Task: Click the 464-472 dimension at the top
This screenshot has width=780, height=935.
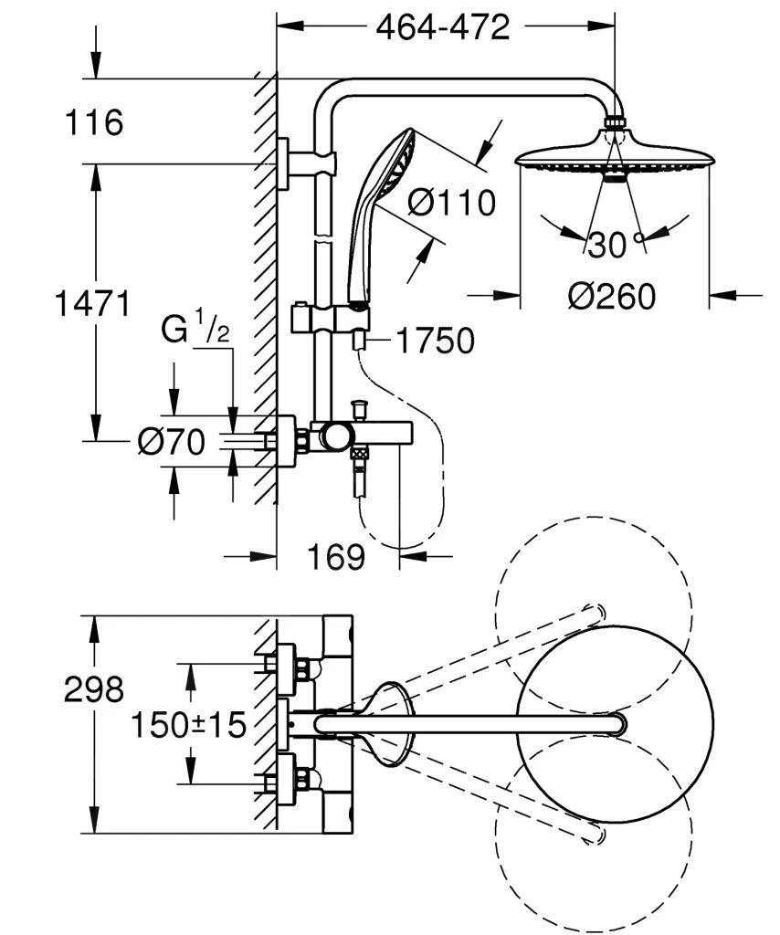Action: tap(443, 27)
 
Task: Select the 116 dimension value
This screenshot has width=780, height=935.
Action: tap(93, 121)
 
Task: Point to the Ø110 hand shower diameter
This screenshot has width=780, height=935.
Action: tap(451, 202)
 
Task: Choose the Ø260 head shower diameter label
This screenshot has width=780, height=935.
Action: tap(611, 296)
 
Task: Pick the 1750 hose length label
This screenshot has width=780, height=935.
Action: tap(435, 341)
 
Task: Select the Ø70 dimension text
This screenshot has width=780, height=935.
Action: tap(171, 442)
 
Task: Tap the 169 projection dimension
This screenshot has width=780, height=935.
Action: tap(336, 556)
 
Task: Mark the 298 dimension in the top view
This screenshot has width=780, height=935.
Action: tap(93, 690)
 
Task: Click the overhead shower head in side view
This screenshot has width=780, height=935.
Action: tap(613, 158)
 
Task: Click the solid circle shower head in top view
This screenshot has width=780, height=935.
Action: tap(615, 724)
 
